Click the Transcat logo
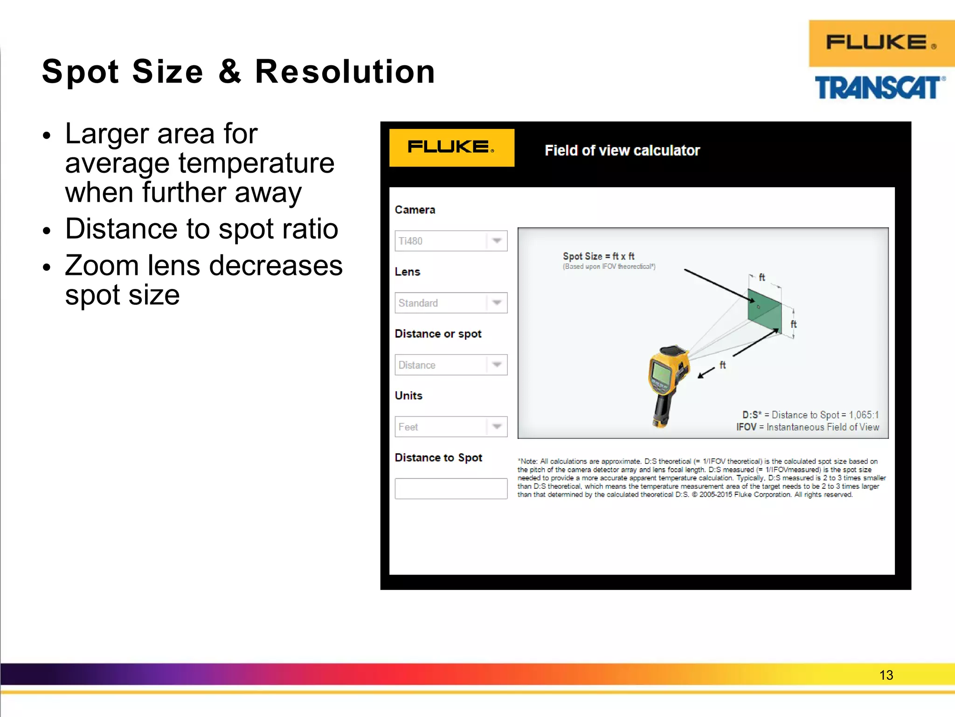[879, 88]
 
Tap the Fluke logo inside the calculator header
[451, 148]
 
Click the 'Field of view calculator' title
[622, 150]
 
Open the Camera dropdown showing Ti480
[450, 241]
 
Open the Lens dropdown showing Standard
[450, 303]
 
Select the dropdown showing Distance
[450, 365]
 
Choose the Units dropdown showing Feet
[450, 427]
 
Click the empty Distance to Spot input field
[450, 489]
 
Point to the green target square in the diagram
[764, 310]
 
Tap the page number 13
[886, 675]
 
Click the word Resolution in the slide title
[345, 72]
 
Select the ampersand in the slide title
[230, 72]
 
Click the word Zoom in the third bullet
[102, 266]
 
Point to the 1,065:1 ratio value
[864, 415]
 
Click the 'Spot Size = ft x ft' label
[598, 256]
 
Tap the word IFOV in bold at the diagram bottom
[746, 427]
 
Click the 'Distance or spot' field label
[438, 334]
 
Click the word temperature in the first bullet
[256, 163]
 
